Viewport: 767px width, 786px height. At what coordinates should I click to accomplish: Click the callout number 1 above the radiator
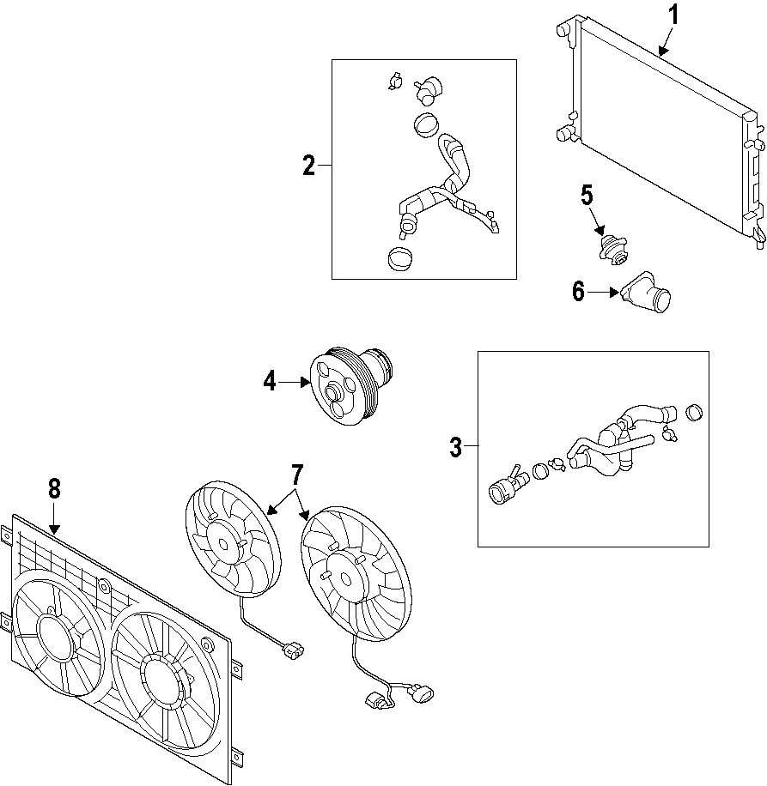click(674, 15)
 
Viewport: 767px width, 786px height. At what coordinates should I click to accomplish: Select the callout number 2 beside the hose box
click(309, 166)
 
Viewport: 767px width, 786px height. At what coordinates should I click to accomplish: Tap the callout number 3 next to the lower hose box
click(455, 447)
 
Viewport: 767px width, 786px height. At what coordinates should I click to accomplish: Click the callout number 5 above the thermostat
click(587, 196)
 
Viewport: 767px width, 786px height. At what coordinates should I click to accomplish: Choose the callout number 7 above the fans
click(297, 475)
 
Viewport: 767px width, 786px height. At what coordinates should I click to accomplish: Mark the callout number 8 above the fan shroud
click(54, 489)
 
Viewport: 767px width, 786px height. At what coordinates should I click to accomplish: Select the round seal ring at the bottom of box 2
click(399, 258)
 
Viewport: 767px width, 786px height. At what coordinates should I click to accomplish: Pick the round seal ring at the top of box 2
click(424, 125)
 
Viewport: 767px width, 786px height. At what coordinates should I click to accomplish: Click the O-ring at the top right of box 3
click(696, 413)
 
